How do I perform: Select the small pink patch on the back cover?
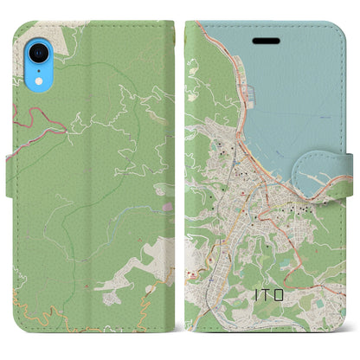coord(167,207)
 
